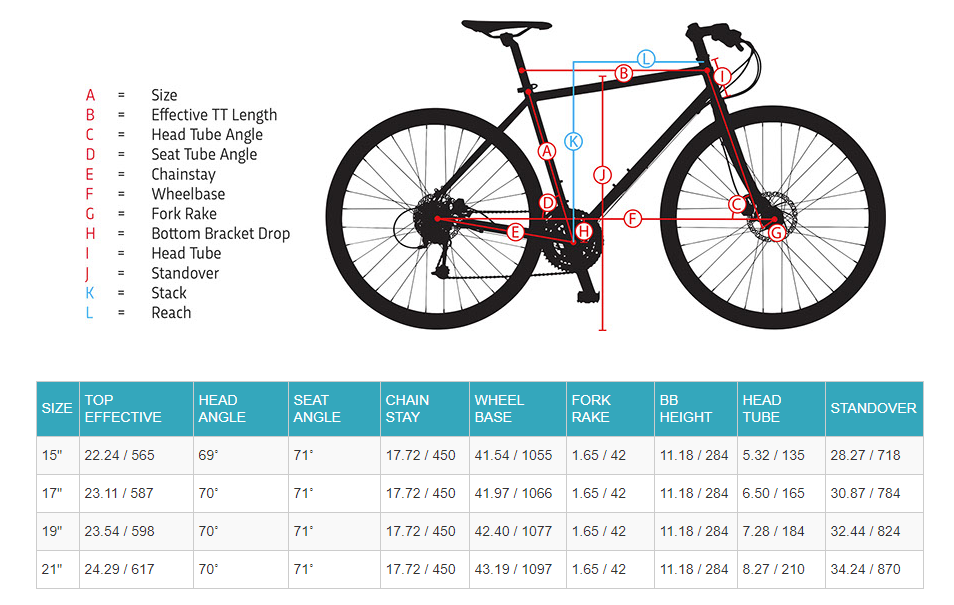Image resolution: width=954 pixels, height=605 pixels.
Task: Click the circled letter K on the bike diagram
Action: [573, 141]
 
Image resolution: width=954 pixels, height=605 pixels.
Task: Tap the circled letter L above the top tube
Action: [646, 58]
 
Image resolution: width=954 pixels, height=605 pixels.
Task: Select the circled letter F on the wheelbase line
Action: [632, 218]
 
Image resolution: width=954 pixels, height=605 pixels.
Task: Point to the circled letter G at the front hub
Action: [777, 232]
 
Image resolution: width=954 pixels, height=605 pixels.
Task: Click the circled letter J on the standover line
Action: [601, 174]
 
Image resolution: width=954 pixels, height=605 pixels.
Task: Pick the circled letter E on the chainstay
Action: [516, 232]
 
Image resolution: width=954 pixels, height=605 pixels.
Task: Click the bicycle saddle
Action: [506, 25]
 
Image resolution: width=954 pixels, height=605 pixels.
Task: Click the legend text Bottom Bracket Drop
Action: [220, 233]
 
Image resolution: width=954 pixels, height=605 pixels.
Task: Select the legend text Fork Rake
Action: [184, 213]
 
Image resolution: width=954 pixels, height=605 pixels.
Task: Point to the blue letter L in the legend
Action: [89, 312]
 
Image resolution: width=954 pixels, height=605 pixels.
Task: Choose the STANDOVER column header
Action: [873, 408]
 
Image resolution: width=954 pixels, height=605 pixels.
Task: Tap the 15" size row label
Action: [52, 455]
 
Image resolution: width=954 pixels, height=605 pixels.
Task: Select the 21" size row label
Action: [52, 569]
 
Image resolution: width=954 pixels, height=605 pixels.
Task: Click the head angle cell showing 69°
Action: [208, 455]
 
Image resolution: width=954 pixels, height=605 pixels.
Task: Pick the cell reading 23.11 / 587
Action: [120, 493]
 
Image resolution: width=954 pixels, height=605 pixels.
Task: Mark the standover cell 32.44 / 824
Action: [865, 531]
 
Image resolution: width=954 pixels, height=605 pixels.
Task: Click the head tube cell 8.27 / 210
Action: [773, 569]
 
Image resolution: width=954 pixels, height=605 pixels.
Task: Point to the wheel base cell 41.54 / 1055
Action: [513, 455]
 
